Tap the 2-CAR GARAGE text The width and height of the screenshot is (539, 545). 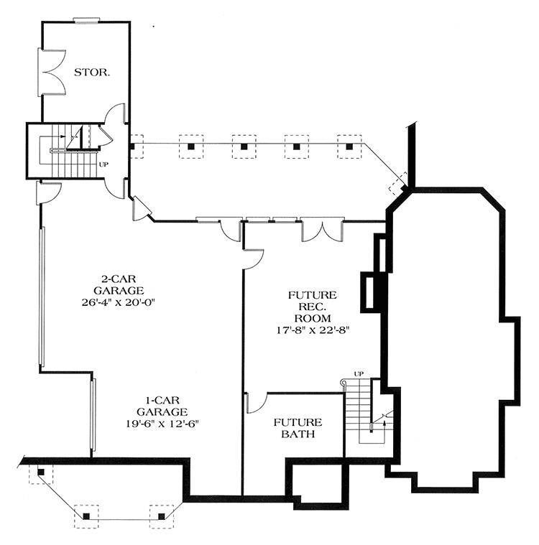tap(119, 284)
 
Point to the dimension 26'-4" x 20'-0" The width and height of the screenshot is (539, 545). tap(119, 302)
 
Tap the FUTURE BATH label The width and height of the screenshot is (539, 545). tap(297, 428)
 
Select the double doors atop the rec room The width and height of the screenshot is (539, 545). tap(322, 229)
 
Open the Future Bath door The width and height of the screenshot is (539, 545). tap(254, 404)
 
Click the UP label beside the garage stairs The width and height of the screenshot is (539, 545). tap(103, 164)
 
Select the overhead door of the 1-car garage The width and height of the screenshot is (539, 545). tap(92, 416)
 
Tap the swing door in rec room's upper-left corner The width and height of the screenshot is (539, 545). tap(254, 258)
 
